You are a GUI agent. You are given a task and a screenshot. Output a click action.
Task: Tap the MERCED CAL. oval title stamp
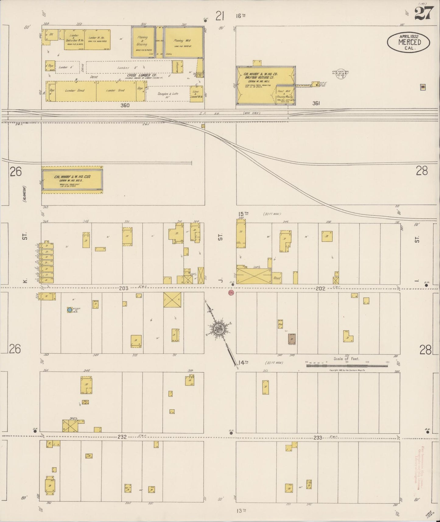click(409, 42)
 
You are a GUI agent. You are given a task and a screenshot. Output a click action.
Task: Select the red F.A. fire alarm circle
click(231, 293)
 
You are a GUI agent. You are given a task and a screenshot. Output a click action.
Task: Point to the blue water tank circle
click(70, 310)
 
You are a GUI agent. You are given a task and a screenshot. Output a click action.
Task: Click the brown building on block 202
click(292, 339)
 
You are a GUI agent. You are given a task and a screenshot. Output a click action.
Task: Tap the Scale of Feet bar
click(347, 365)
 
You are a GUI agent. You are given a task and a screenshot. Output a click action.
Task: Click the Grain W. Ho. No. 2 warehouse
click(72, 180)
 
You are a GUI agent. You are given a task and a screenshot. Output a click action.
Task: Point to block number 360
click(125, 105)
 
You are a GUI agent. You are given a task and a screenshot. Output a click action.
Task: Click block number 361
click(316, 103)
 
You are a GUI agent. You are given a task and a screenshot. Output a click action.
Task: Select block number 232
click(122, 437)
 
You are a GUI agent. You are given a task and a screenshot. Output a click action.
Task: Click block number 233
click(318, 437)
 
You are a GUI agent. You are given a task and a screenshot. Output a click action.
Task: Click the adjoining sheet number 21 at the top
click(220, 16)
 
